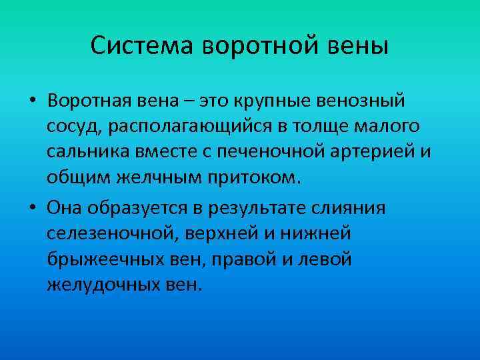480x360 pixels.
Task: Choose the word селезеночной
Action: [107, 233]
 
